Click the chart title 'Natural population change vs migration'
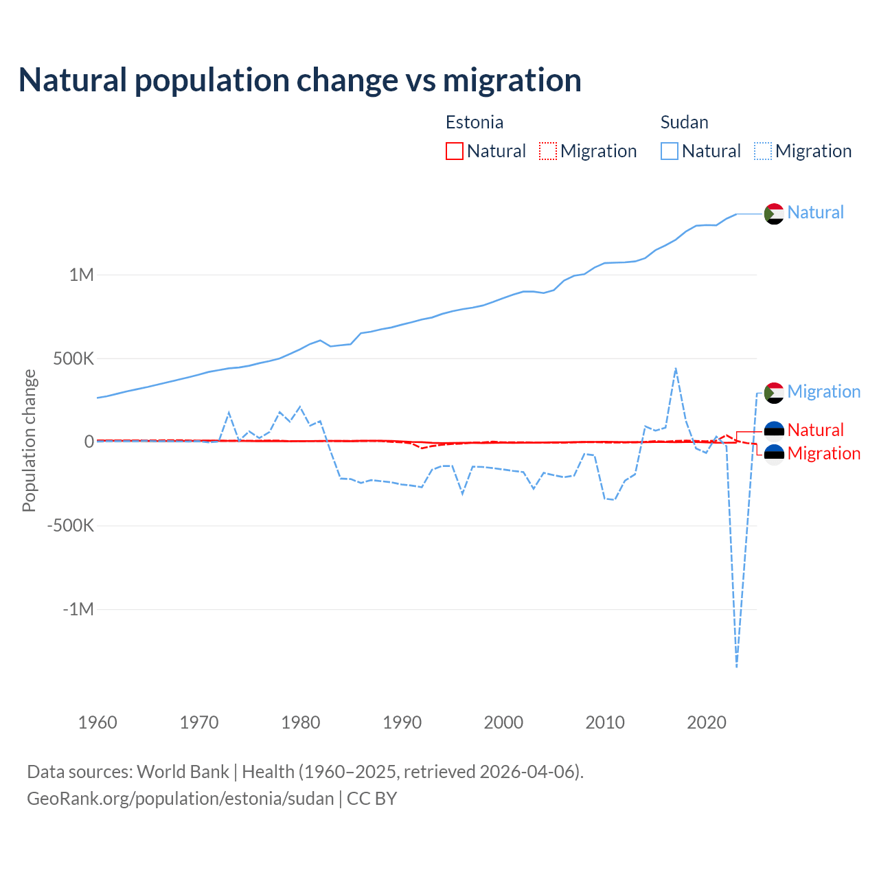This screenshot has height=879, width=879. [300, 80]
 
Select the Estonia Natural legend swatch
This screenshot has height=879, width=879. [455, 151]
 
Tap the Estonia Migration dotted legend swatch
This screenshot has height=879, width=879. [548, 151]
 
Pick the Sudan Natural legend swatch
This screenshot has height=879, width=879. [670, 151]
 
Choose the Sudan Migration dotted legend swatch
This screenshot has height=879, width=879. [763, 151]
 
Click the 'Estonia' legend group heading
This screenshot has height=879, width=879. [475, 122]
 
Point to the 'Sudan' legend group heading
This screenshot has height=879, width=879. [684, 122]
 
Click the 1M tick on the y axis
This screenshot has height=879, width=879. [81, 275]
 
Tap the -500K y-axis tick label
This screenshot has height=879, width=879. [70, 526]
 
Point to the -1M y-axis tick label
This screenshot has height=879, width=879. [78, 610]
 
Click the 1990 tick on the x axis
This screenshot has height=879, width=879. [402, 722]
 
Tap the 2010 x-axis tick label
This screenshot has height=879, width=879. [605, 722]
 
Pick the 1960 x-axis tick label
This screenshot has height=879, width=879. [98, 722]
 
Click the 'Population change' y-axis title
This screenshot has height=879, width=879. [29, 441]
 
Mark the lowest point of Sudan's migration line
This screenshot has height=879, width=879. [737, 666]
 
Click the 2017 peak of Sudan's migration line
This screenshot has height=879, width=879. [676, 368]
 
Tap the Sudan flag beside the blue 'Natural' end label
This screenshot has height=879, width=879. [774, 214]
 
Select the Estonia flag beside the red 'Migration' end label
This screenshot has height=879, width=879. [774, 454]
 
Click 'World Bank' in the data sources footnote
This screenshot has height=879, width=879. [183, 772]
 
